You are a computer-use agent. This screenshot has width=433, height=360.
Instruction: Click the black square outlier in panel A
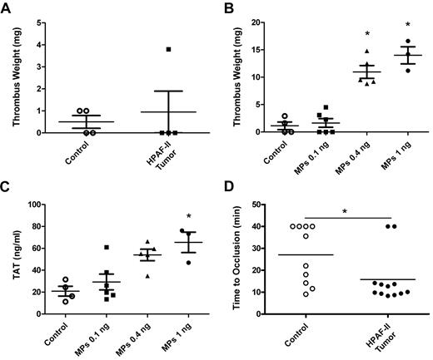tap(168, 50)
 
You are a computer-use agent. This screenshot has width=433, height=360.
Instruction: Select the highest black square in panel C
tap(107, 247)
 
